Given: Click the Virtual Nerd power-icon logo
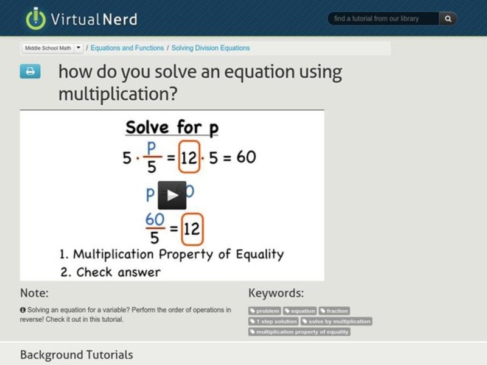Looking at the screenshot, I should pyautogui.click(x=36, y=18).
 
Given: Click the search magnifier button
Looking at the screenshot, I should pyautogui.click(x=448, y=19).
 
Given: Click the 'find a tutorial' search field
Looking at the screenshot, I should pyautogui.click(x=384, y=19).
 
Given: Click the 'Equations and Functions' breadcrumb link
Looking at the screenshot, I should pyautogui.click(x=127, y=48).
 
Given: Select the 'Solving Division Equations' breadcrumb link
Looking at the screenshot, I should pyautogui.click(x=211, y=48).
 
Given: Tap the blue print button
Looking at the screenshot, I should pyautogui.click(x=30, y=72).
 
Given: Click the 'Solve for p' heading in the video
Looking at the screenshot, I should pyautogui.click(x=172, y=128).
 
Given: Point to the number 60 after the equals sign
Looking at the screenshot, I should pyautogui.click(x=246, y=158).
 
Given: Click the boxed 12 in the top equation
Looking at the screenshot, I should pyautogui.click(x=189, y=158).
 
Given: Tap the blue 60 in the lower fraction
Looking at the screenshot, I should pyautogui.click(x=155, y=219).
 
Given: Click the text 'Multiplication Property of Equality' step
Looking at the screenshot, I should pyautogui.click(x=178, y=254).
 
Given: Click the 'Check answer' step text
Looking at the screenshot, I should pyautogui.click(x=118, y=272).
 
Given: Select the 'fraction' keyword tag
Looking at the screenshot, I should pyautogui.click(x=334, y=311).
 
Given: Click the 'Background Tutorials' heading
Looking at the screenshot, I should pyautogui.click(x=76, y=355).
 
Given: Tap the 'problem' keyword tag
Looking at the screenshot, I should pyautogui.click(x=265, y=311).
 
